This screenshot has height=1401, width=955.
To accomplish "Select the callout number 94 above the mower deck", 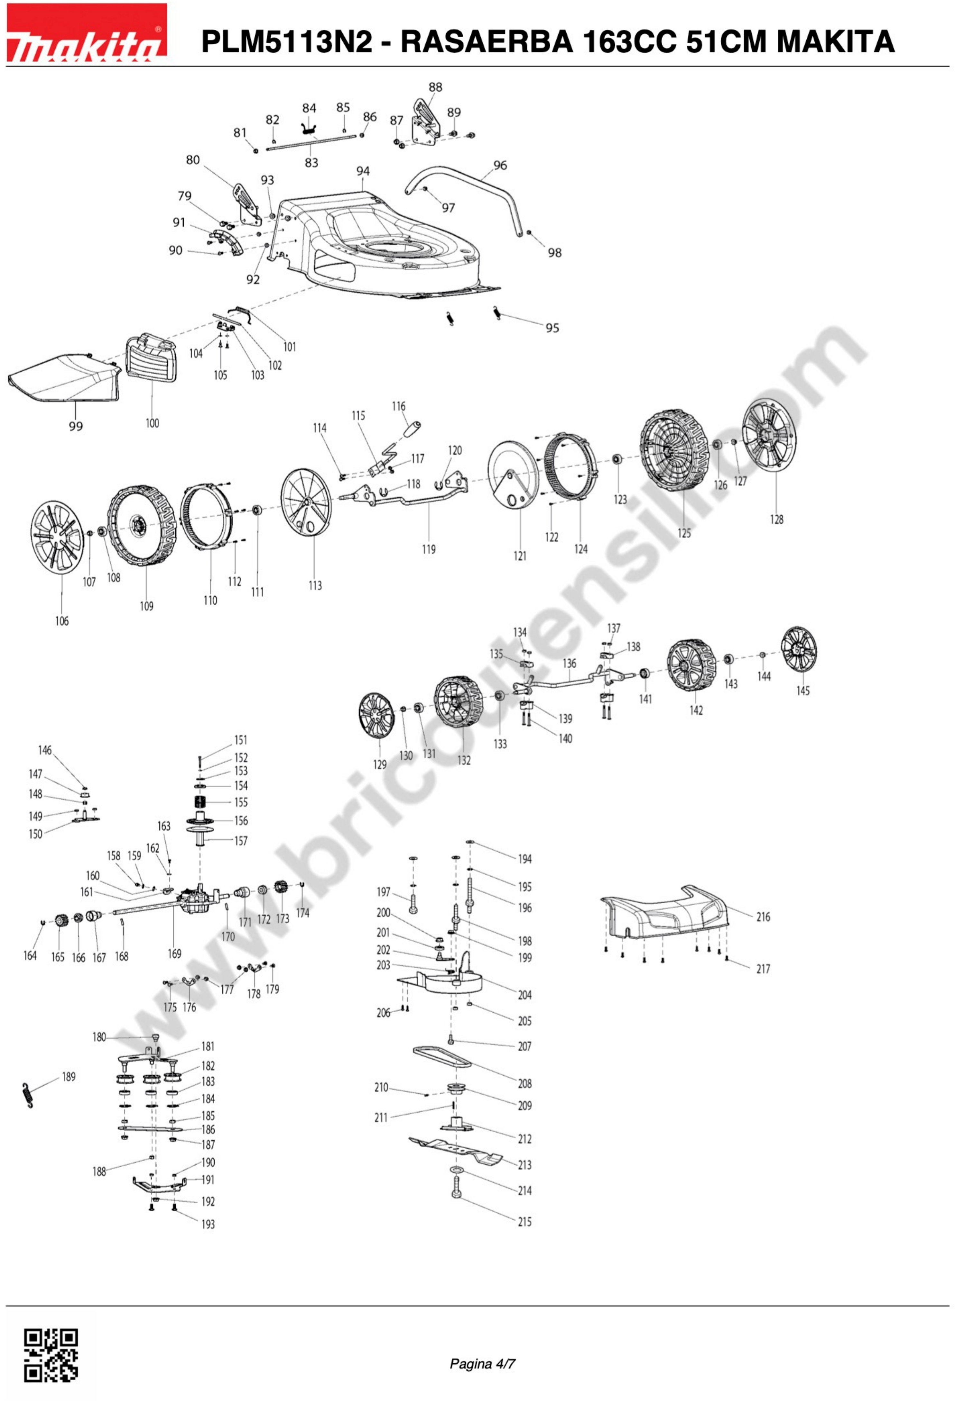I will [x=363, y=171].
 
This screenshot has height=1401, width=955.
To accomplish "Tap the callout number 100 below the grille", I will [x=152, y=423].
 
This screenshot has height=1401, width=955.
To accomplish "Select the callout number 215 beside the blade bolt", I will [x=524, y=1222].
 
